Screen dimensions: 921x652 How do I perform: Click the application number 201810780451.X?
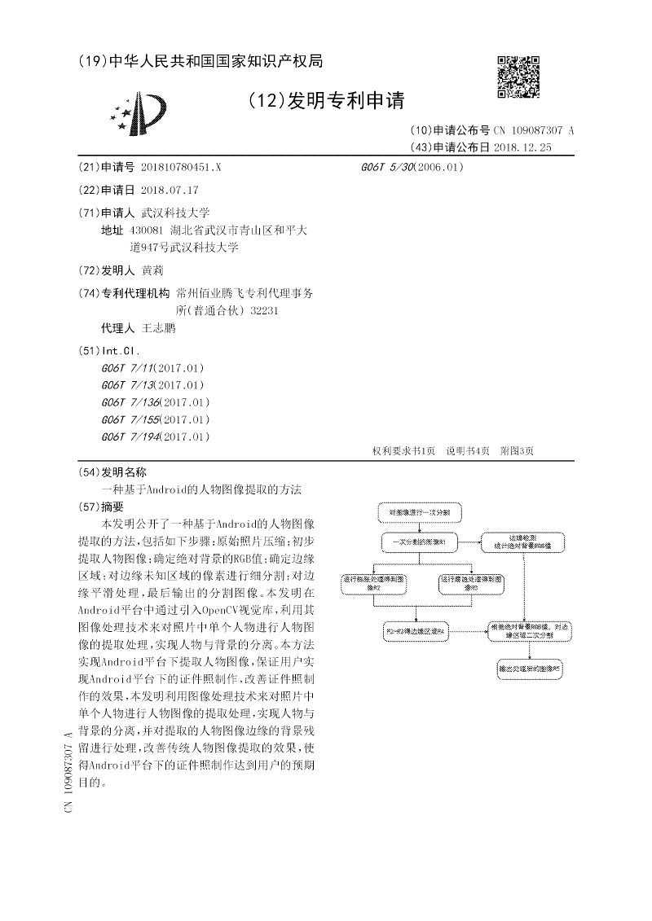click(x=181, y=167)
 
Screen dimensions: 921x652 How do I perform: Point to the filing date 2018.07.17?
click(x=170, y=190)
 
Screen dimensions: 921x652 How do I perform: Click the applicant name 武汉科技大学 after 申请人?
click(x=176, y=213)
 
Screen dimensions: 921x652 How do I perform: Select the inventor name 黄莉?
click(x=152, y=270)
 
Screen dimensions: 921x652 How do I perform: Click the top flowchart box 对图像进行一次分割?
click(x=419, y=513)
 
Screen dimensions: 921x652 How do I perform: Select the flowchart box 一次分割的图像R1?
click(x=419, y=541)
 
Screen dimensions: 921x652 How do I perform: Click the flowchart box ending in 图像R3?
click(x=473, y=582)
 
